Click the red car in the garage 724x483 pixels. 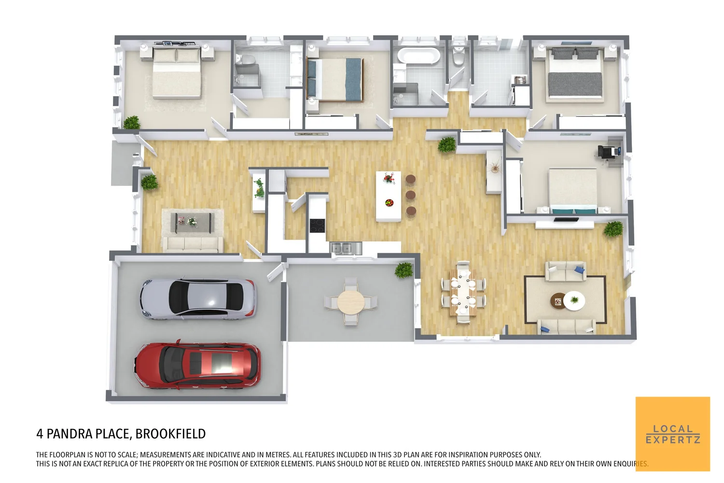(x=198, y=365)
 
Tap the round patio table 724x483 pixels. (x=351, y=302)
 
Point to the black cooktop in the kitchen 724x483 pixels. (x=317, y=225)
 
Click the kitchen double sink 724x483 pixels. (x=346, y=248)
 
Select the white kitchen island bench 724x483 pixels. (x=389, y=196)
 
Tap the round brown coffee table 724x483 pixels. (x=559, y=301)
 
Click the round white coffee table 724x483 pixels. (x=574, y=300)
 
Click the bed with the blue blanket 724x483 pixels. (x=334, y=80)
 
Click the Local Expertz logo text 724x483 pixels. (x=673, y=434)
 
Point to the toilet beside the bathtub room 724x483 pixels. (x=458, y=56)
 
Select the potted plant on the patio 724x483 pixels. (x=404, y=270)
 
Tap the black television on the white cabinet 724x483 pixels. (x=566, y=220)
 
